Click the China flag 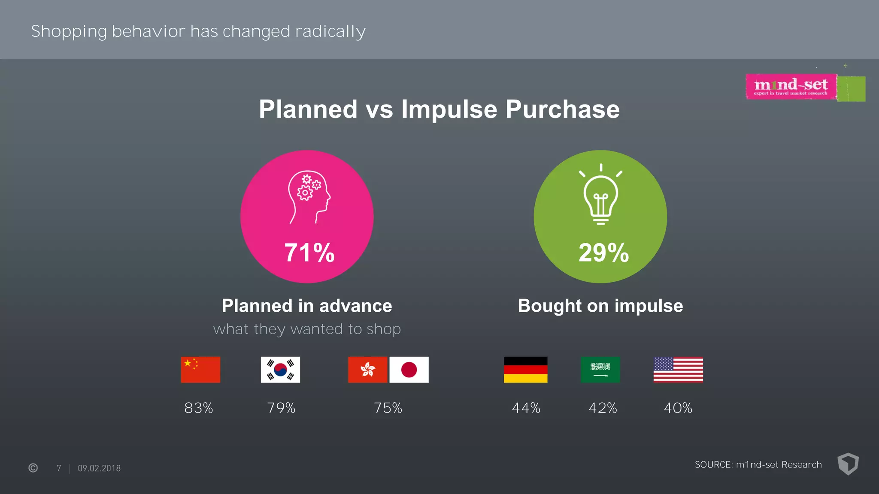coord(200,370)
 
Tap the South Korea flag coord(280,370)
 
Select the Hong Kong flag coord(367,370)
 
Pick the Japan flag coord(409,370)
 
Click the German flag coord(525,370)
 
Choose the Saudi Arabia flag coord(600,370)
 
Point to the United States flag coord(678,370)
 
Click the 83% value coord(199,408)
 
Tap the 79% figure coord(281,408)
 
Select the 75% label coord(388,408)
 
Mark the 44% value coord(526,408)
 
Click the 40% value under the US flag coord(678,408)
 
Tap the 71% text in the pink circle coord(309,253)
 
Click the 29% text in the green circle coord(603,253)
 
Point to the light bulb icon coord(600,195)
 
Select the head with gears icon coord(309,197)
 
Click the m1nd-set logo coord(791,87)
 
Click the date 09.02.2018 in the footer coord(99,468)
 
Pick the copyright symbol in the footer coord(33,468)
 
